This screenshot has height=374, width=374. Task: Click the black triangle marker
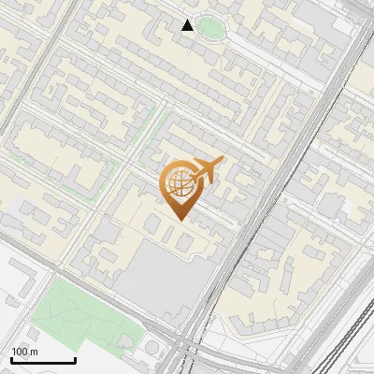pyautogui.click(x=188, y=25)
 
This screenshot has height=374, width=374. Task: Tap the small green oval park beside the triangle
pyautogui.click(x=210, y=27)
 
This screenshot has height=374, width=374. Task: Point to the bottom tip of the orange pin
pyautogui.click(x=180, y=221)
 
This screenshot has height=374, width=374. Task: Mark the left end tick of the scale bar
pyautogui.click(x=11, y=359)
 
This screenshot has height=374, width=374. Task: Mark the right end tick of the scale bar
pyautogui.click(x=75, y=359)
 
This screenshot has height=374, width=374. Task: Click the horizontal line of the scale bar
pyautogui.click(x=43, y=361)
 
